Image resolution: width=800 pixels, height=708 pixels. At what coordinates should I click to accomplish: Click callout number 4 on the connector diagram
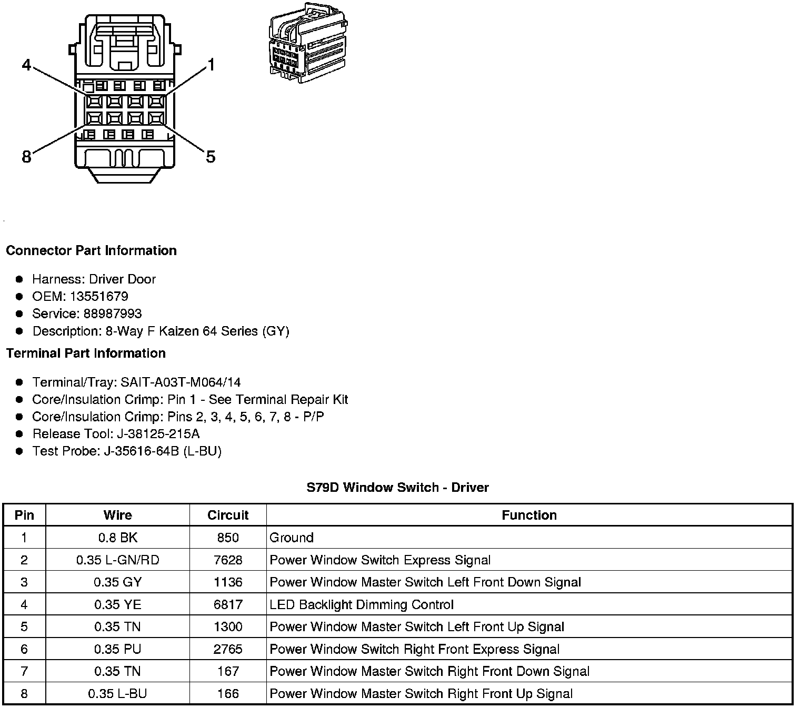pos(26,66)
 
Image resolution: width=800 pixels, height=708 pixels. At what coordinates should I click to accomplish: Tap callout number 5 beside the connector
pos(211,156)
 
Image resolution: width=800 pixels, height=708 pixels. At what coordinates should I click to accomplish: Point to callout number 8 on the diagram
pos(26,156)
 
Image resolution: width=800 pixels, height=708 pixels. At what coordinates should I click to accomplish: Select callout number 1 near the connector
pos(211,66)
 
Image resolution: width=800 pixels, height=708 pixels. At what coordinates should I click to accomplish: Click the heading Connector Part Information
pos(91,250)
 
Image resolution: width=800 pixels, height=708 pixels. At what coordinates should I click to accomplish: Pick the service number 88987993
pos(113,313)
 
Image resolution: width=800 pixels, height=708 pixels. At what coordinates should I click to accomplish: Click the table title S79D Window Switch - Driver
pos(398,488)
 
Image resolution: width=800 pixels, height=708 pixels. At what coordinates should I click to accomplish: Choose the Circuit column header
pos(228,515)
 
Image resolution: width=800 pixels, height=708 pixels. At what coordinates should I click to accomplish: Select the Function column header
pos(529,515)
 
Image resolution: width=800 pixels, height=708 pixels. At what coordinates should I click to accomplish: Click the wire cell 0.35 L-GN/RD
pos(117,560)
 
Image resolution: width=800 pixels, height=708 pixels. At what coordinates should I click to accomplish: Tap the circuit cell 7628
pos(228,560)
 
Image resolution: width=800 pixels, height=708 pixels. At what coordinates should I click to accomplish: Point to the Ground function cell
pos(292,538)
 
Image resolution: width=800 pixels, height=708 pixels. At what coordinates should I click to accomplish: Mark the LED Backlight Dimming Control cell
pos(362,604)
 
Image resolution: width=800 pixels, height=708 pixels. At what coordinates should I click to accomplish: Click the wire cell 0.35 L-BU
pos(117,693)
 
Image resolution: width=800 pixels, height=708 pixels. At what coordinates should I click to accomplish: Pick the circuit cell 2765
pos(228,649)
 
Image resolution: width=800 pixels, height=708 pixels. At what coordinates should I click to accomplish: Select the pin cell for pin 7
pos(24,671)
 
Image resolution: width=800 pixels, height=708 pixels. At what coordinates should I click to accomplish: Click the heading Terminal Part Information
pos(86,353)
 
